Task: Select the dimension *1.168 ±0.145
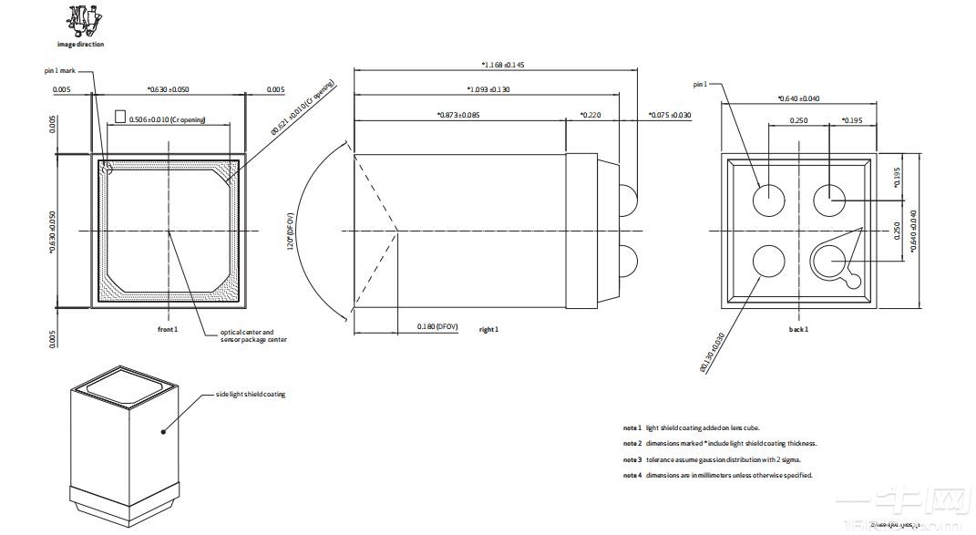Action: (x=503, y=65)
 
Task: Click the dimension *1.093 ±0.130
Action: (x=488, y=89)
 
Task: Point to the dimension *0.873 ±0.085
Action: (x=458, y=115)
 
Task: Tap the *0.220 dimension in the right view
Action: (x=591, y=115)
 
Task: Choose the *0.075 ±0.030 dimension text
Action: (x=670, y=115)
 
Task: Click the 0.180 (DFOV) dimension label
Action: (x=437, y=325)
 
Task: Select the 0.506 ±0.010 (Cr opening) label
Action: (x=167, y=119)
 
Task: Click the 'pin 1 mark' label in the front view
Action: (x=61, y=70)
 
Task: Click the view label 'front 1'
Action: (x=168, y=328)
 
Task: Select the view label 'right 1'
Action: (x=489, y=329)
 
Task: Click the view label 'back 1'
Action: (x=798, y=329)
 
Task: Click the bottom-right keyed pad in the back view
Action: (x=832, y=262)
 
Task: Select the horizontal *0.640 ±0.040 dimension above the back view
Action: (x=798, y=98)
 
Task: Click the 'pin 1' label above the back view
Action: (x=700, y=84)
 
